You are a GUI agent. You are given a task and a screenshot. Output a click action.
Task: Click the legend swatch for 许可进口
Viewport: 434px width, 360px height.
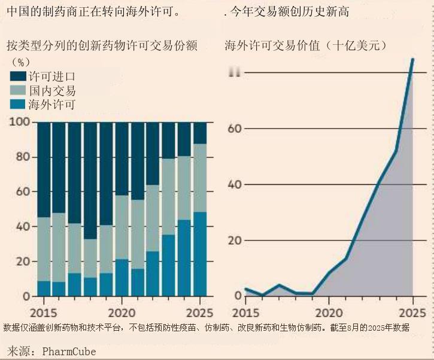click(18, 77)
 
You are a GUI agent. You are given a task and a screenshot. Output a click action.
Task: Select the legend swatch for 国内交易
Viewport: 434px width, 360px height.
click(18, 91)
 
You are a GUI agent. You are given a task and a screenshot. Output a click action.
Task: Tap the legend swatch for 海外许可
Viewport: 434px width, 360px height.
click(18, 105)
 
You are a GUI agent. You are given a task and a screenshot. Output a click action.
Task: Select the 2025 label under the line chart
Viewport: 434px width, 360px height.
click(412, 312)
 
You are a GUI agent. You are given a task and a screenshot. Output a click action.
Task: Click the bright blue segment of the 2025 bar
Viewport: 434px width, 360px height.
click(199, 254)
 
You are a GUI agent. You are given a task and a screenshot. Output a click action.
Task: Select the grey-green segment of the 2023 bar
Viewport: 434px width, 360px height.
click(168, 197)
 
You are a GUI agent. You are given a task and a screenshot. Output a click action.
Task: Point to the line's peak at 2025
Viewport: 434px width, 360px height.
click(412, 59)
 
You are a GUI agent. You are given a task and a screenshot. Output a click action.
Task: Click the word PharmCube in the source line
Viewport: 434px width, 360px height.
click(69, 351)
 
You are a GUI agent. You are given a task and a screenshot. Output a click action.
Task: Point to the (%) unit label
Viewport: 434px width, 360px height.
click(21, 61)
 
